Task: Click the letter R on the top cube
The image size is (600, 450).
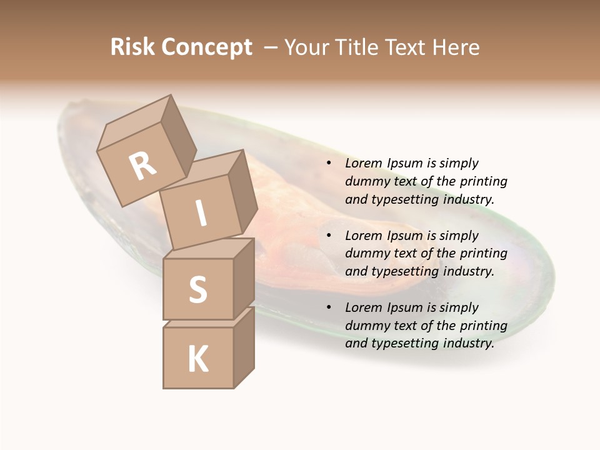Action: pyautogui.click(x=143, y=166)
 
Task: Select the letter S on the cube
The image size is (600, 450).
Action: pyautogui.click(x=198, y=289)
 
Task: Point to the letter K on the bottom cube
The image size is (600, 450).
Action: pyautogui.click(x=198, y=359)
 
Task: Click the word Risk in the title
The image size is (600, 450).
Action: pyautogui.click(x=132, y=47)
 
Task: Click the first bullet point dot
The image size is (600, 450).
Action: pyautogui.click(x=329, y=164)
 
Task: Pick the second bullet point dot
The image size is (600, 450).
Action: pyautogui.click(x=329, y=236)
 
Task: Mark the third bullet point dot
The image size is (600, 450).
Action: pyautogui.click(x=329, y=308)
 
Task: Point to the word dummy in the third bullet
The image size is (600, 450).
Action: pyautogui.click(x=366, y=326)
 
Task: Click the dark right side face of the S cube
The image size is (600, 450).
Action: pyautogui.click(x=244, y=277)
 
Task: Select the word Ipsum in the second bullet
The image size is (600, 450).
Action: pyautogui.click(x=405, y=236)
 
